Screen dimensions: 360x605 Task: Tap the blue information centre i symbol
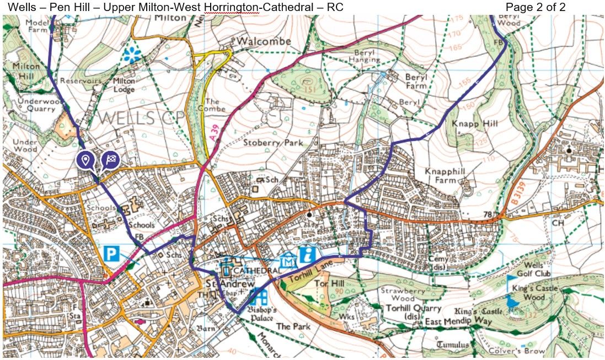pos(306,254)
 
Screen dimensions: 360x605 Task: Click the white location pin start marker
pos(84,160)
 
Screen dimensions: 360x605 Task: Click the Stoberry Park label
pos(270,144)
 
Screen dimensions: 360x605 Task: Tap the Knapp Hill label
pos(474,123)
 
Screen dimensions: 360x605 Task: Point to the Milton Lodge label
pos(124,85)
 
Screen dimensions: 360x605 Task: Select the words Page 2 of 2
pos(535,7)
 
